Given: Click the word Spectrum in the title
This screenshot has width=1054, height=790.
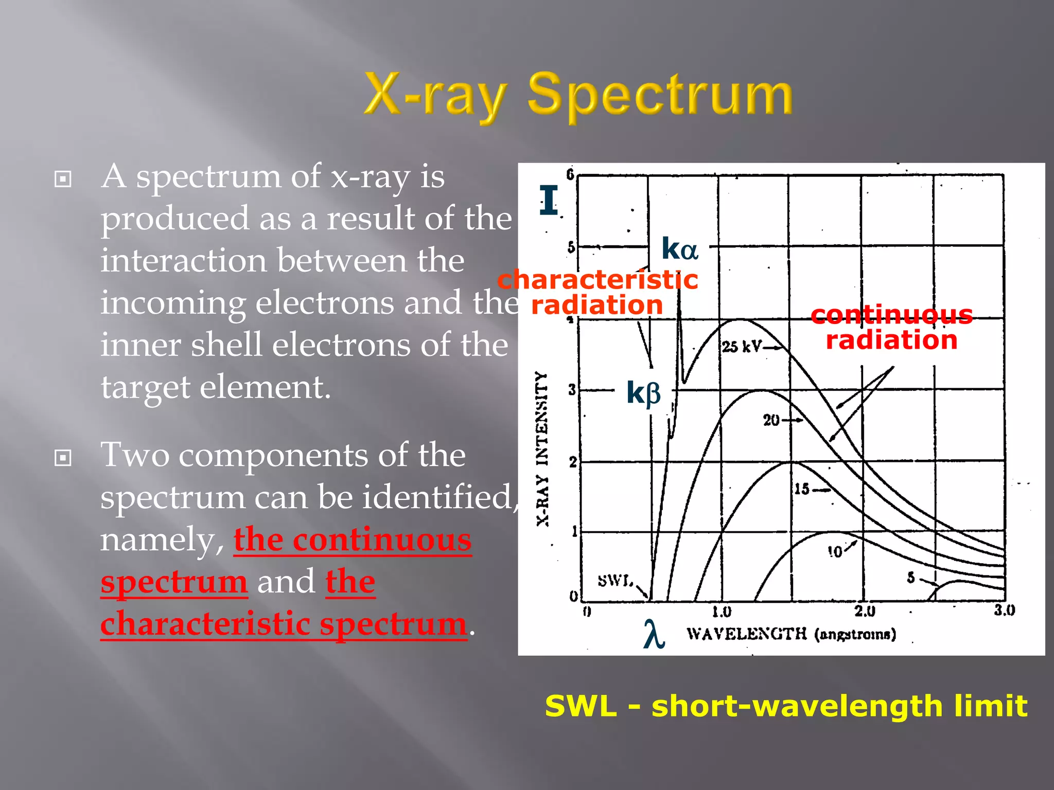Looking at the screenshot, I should click(x=660, y=95).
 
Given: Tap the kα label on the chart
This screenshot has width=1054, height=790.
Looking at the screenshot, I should click(x=679, y=249).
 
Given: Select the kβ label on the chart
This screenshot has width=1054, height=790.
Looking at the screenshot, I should click(x=643, y=393).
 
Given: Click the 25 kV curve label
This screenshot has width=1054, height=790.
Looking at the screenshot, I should click(x=741, y=347).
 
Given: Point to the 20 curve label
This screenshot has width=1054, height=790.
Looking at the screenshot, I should click(x=771, y=420).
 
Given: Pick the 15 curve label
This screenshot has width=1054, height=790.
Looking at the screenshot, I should click(x=802, y=489).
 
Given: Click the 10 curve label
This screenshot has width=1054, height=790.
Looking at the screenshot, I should click(x=835, y=552).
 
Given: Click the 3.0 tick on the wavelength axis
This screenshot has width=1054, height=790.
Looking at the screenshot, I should click(x=1004, y=611).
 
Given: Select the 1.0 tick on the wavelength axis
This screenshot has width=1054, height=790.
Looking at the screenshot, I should click(x=722, y=612).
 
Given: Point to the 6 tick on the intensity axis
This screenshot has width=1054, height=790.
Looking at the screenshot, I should click(x=570, y=174).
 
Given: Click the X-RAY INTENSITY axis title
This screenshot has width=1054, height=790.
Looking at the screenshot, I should click(x=542, y=448).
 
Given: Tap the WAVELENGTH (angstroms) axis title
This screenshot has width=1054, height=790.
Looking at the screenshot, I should click(x=791, y=634).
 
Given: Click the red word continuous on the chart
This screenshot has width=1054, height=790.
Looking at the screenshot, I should click(x=891, y=314).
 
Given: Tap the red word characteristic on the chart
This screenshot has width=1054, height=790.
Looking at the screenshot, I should click(x=598, y=280).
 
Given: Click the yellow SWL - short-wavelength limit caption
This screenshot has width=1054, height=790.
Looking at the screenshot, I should click(x=786, y=706).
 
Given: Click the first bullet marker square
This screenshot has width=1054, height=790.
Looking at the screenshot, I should click(x=63, y=179).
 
